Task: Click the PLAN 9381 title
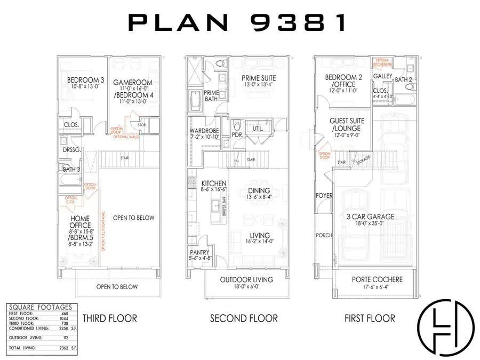(x=239, y=23)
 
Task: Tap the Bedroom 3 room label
(x=85, y=81)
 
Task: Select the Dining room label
(x=258, y=190)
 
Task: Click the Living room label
(x=258, y=235)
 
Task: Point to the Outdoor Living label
(x=246, y=279)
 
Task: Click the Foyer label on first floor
(x=324, y=196)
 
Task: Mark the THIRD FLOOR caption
(x=109, y=318)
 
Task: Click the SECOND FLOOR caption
(x=244, y=318)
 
